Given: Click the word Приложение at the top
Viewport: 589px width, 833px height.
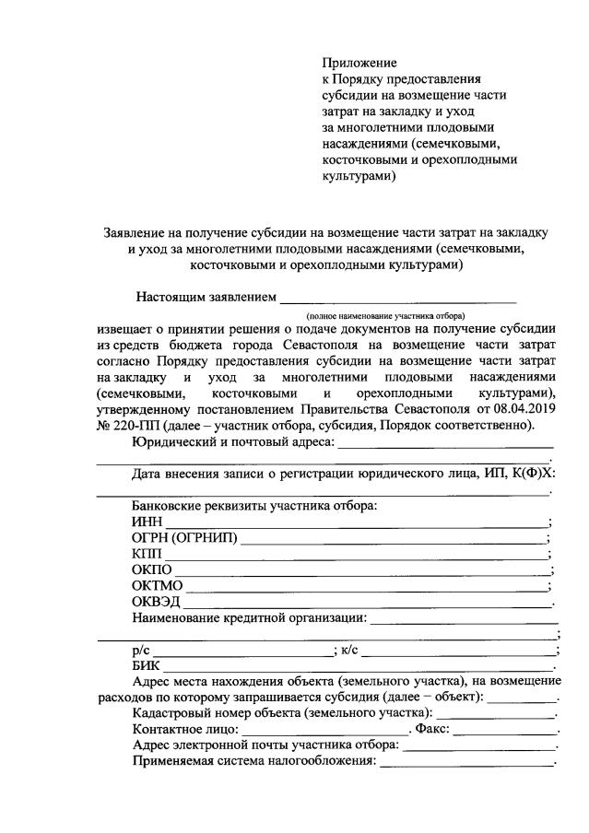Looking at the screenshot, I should [359, 64].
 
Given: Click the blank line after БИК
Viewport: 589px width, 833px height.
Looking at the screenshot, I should [359, 666].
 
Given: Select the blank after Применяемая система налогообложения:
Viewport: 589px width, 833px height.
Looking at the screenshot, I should [465, 763].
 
